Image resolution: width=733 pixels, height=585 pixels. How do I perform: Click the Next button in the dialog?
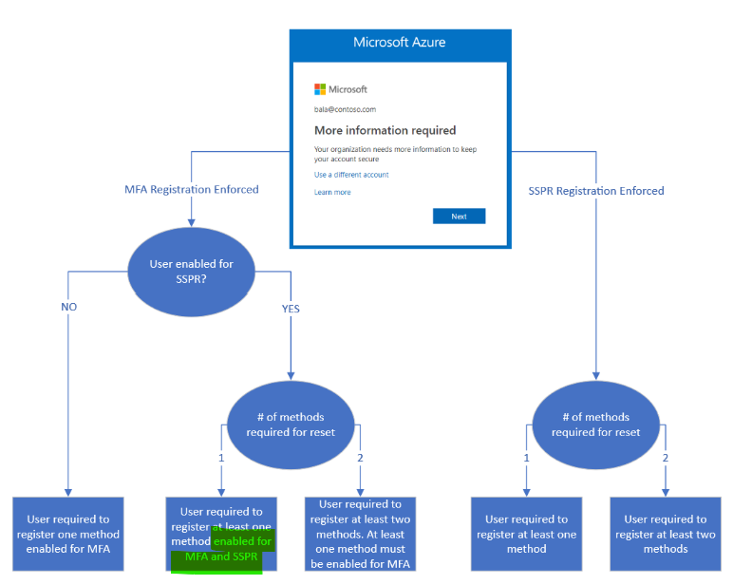pyautogui.click(x=459, y=217)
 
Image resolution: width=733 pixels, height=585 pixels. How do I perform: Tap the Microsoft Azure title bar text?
pyautogui.click(x=399, y=43)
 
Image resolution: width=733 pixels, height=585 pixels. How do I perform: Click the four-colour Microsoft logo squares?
pyautogui.click(x=320, y=89)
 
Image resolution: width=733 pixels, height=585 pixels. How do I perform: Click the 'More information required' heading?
pyautogui.click(x=385, y=130)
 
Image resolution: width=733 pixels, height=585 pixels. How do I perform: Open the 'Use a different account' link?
pyautogui.click(x=351, y=175)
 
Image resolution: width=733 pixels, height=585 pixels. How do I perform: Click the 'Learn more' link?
pyautogui.click(x=332, y=192)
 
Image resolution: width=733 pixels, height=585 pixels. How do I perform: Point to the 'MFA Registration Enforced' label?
pyautogui.click(x=192, y=190)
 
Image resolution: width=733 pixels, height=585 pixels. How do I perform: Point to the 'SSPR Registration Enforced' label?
pyautogui.click(x=596, y=191)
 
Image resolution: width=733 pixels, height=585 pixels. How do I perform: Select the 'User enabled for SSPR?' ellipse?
pyautogui.click(x=192, y=271)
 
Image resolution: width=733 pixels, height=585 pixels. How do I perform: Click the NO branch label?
pyautogui.click(x=68, y=308)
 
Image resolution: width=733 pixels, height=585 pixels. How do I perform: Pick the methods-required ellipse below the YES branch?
pyautogui.click(x=291, y=425)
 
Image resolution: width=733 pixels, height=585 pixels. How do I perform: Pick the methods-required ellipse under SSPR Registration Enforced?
pyautogui.click(x=595, y=425)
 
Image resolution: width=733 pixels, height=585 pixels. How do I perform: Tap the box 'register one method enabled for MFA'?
pyautogui.click(x=68, y=534)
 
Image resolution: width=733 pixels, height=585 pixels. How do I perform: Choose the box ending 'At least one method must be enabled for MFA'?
pyautogui.click(x=360, y=534)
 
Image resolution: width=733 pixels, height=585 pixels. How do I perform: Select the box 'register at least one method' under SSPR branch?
pyautogui.click(x=526, y=534)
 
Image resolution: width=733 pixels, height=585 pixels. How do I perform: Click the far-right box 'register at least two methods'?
pyautogui.click(x=665, y=534)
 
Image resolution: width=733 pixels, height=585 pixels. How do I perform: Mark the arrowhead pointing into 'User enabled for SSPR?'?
pyautogui.click(x=192, y=222)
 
